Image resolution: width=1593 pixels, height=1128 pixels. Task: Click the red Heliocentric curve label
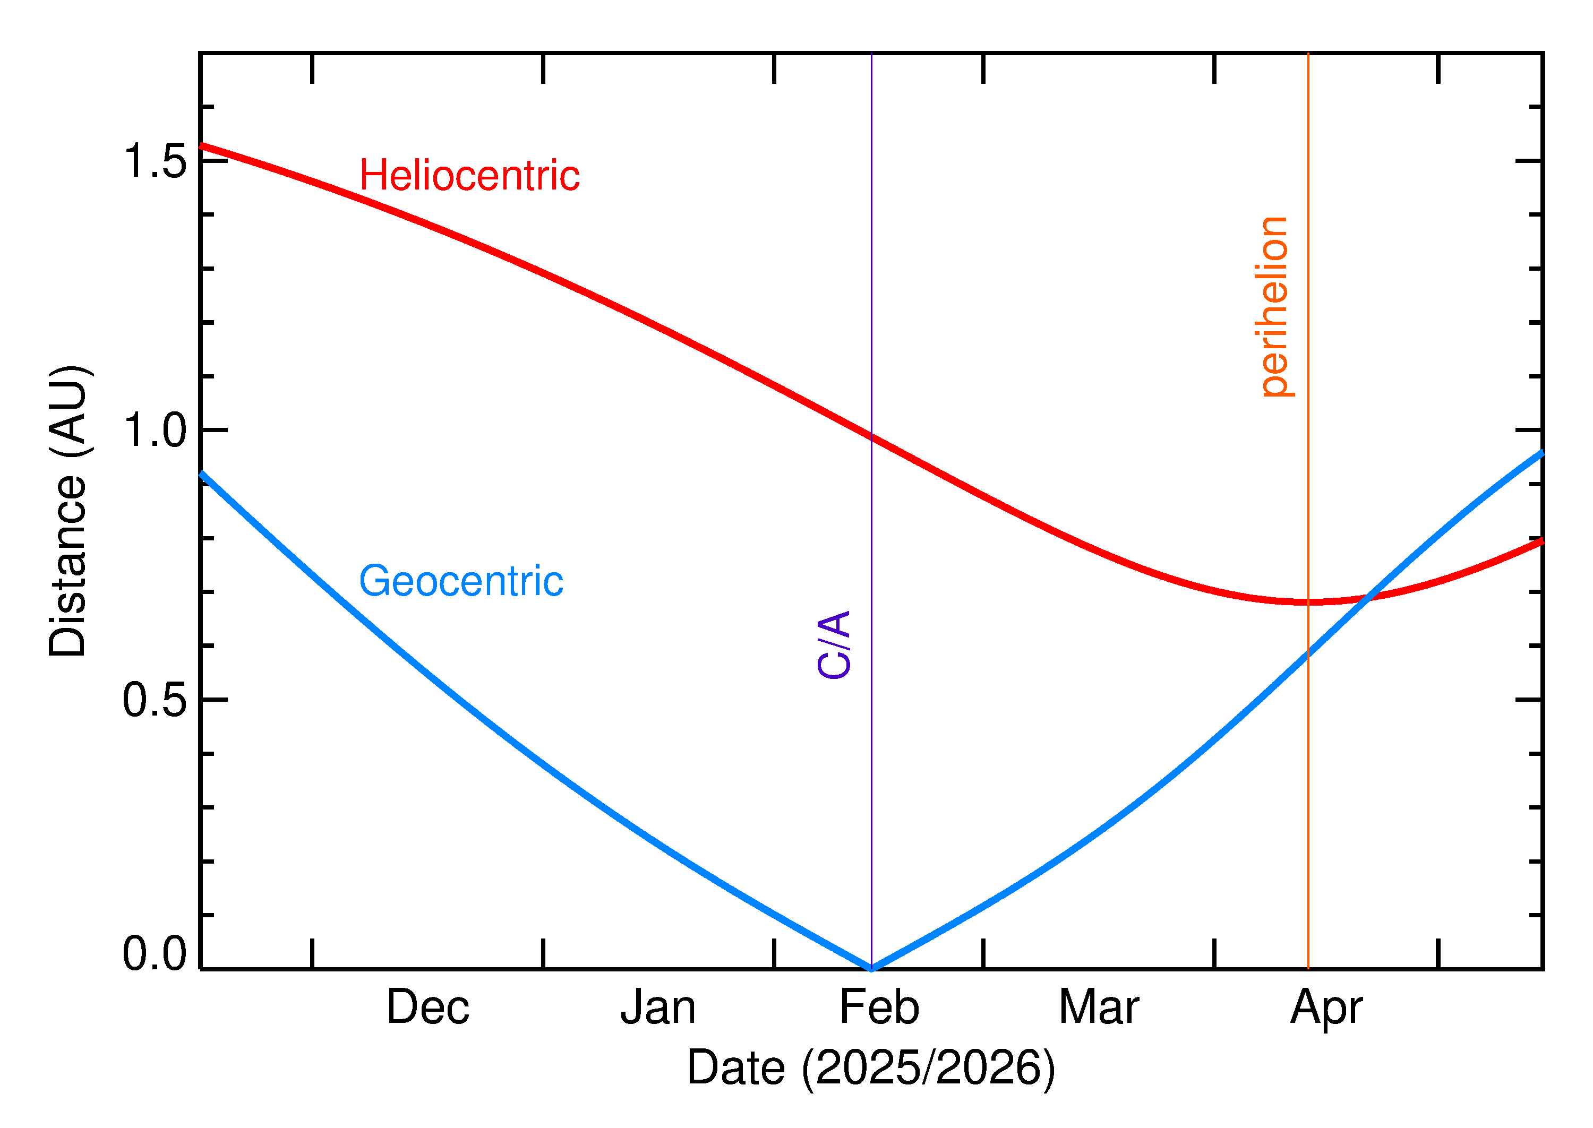click(x=469, y=175)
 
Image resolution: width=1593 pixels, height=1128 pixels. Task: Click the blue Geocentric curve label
click(x=460, y=581)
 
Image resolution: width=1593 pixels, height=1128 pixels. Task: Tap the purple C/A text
click(x=834, y=644)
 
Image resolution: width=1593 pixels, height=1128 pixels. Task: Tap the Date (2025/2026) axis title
click(x=871, y=1067)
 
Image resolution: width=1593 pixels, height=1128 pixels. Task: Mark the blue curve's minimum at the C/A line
click(x=871, y=968)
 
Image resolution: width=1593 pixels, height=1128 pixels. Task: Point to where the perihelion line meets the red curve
click(x=1308, y=601)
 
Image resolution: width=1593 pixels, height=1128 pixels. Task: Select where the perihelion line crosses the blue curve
click(x=1308, y=653)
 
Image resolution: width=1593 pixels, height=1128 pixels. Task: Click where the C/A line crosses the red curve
click(x=871, y=436)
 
